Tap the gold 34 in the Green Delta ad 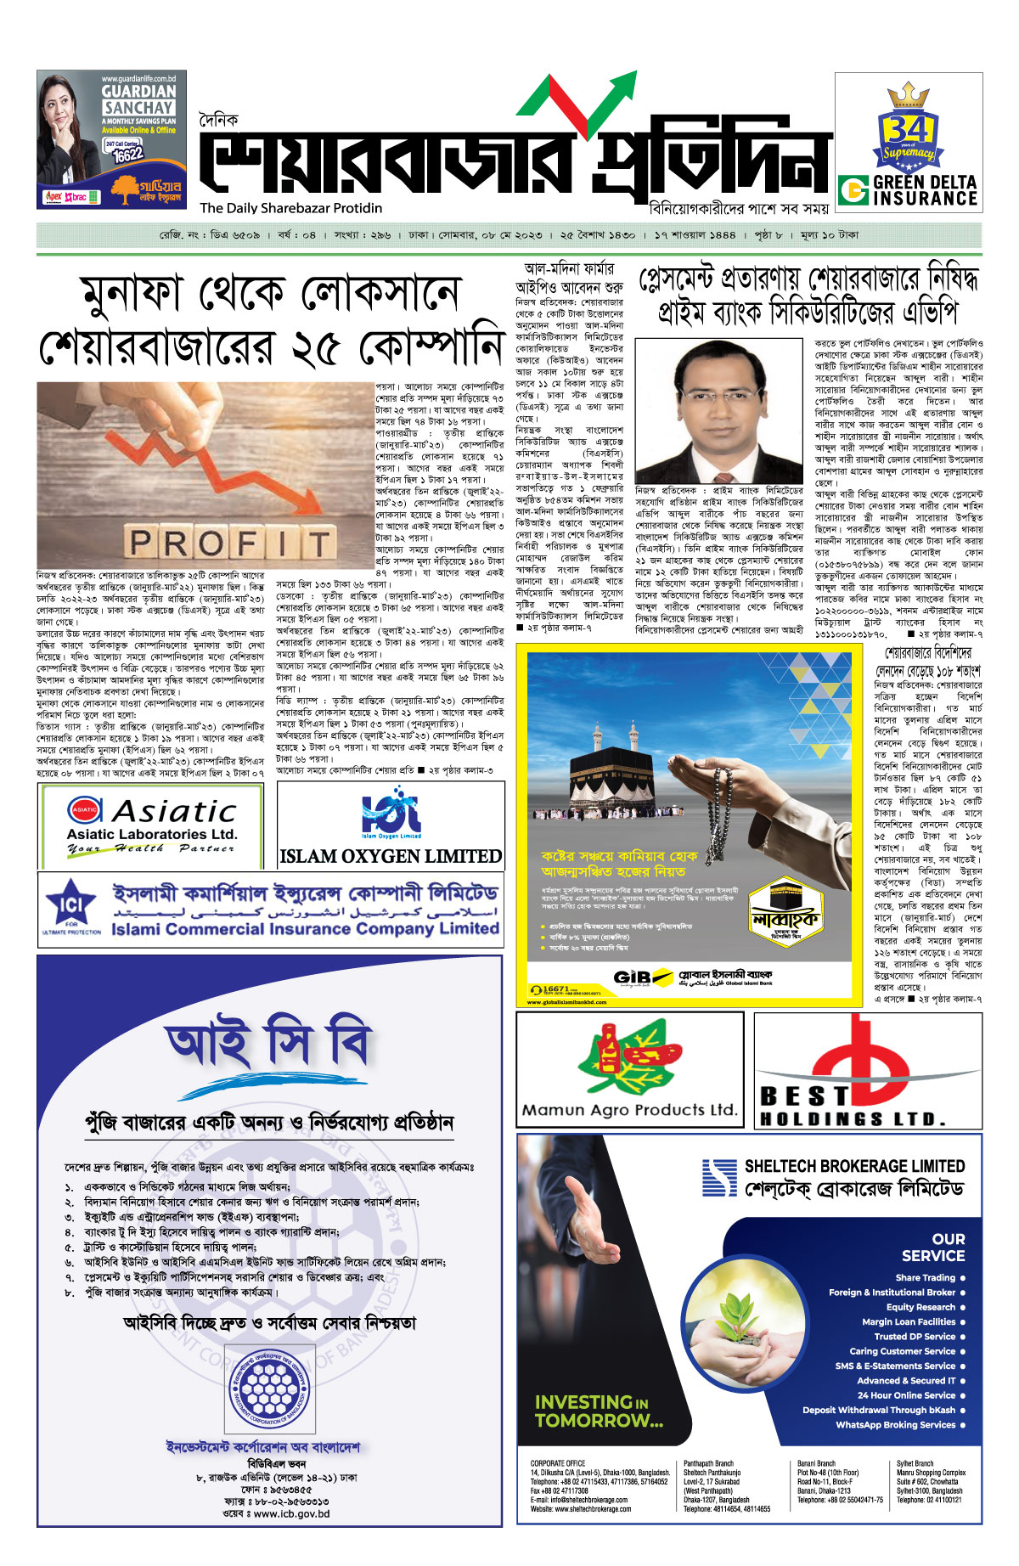coord(904,129)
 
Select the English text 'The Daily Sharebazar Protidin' coord(291,208)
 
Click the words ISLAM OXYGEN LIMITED coord(391,856)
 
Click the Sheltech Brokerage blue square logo coord(719,1177)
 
